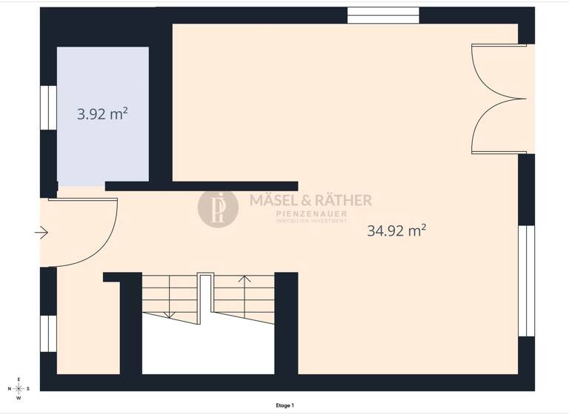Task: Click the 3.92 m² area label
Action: [x=102, y=114]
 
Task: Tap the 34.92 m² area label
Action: [x=396, y=230]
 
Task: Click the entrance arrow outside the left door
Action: [x=41, y=233]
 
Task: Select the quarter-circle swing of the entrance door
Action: [x=89, y=233]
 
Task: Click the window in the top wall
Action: [x=383, y=16]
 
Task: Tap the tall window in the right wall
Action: [x=526, y=281]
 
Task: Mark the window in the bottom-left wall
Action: [x=48, y=333]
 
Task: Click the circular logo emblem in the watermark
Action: [x=218, y=207]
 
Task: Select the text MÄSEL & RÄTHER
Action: [x=310, y=200]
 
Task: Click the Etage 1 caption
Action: [x=284, y=405]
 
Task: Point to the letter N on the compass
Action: [x=10, y=388]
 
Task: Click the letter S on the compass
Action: [x=28, y=388]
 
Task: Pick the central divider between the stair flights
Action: [x=205, y=296]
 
